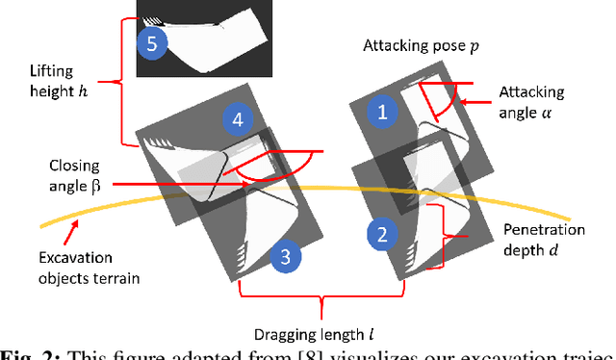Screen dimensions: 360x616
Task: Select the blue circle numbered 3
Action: pyautogui.click(x=284, y=256)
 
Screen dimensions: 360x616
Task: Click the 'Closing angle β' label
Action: pyautogui.click(x=71, y=174)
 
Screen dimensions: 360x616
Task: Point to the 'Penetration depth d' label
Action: pyautogui.click(x=546, y=242)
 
